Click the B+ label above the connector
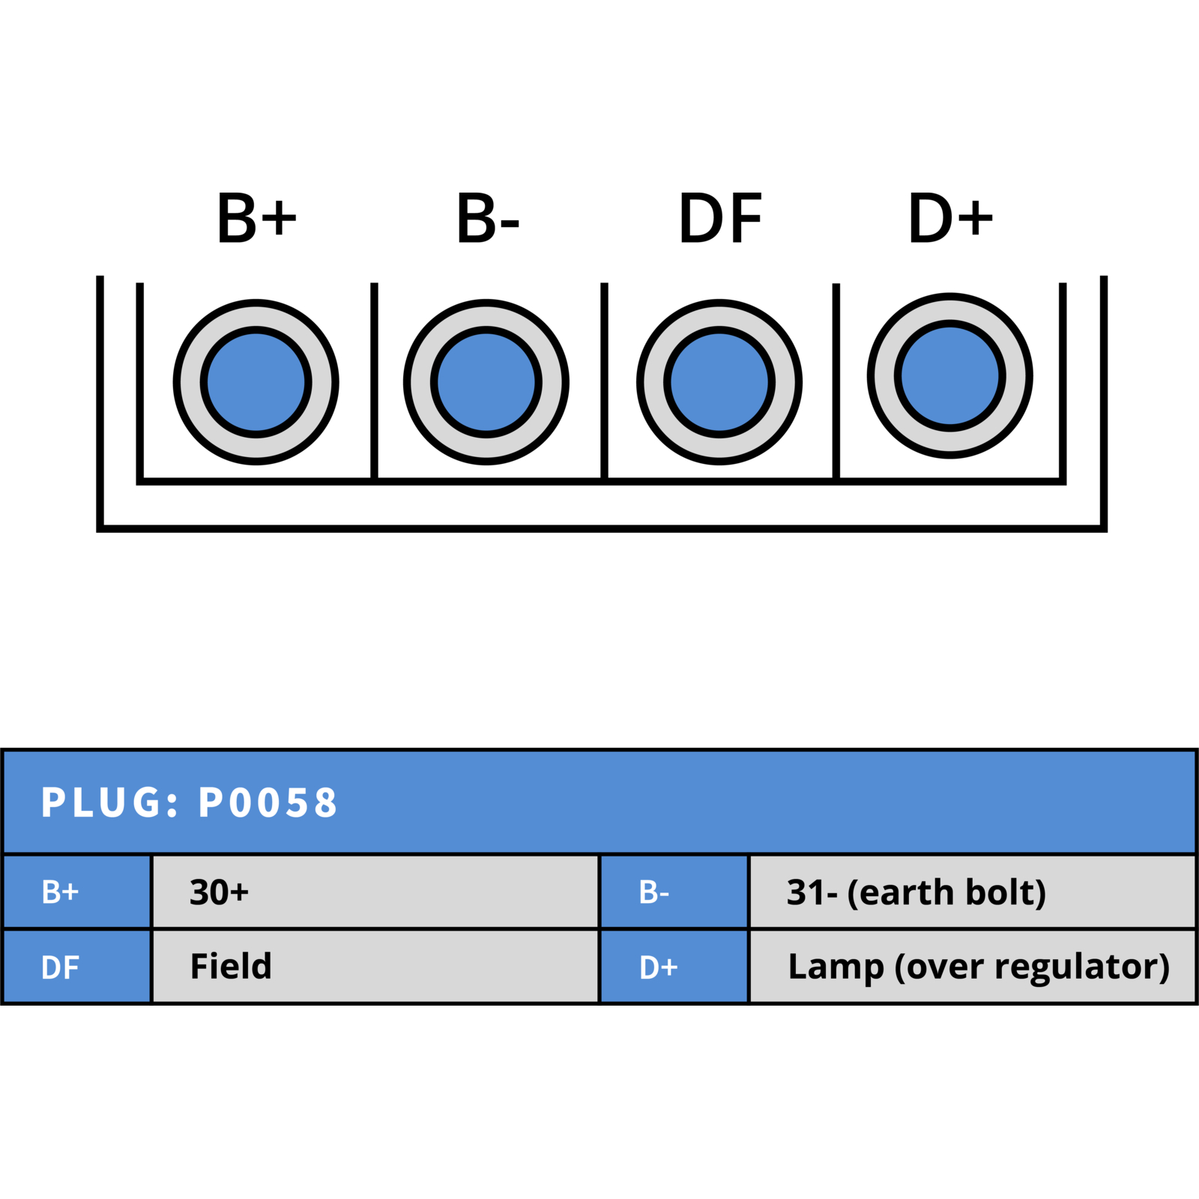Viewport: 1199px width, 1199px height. pyautogui.click(x=256, y=218)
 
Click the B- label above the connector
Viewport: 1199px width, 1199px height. pyautogui.click(x=487, y=218)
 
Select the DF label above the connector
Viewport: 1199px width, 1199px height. pyautogui.click(x=720, y=218)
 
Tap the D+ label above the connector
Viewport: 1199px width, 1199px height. pyautogui.click(x=950, y=218)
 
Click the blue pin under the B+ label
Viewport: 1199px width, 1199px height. pyautogui.click(x=256, y=382)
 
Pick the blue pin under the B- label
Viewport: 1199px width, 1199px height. pyautogui.click(x=486, y=382)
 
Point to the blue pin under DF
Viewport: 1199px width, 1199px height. pyautogui.click(x=719, y=382)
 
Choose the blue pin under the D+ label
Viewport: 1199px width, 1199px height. pyautogui.click(x=950, y=376)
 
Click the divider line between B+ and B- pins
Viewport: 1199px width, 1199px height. pyautogui.click(x=374, y=381)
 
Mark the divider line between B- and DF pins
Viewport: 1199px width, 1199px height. pyautogui.click(x=604, y=381)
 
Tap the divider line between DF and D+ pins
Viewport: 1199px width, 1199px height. pyautogui.click(x=836, y=381)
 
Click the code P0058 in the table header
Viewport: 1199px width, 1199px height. pyautogui.click(x=268, y=803)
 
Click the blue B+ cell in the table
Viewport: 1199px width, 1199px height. pyautogui.click(x=77, y=892)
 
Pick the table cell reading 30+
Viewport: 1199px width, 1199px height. pyautogui.click(x=375, y=892)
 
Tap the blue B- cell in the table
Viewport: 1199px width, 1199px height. pyautogui.click(x=674, y=892)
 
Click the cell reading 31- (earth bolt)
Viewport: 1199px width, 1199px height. pyautogui.click(x=973, y=892)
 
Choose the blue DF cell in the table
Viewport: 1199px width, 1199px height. pyautogui.click(x=77, y=966)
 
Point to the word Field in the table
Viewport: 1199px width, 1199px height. pyautogui.click(x=231, y=966)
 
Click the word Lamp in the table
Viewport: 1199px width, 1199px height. pyautogui.click(x=836, y=968)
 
